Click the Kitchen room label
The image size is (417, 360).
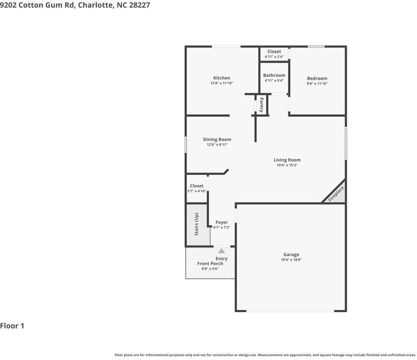coord(221,78)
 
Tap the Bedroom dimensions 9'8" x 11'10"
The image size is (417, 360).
coord(317,84)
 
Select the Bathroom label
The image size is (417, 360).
coord(274,75)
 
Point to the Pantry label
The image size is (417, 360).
coord(262,104)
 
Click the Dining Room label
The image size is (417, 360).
coord(217,140)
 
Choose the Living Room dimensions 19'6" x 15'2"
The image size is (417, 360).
coord(287,165)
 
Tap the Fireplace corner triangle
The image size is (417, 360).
coord(337,194)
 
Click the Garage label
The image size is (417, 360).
coord(291,254)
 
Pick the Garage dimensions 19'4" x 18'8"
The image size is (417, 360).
coord(291,259)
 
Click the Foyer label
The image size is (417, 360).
coord(221,223)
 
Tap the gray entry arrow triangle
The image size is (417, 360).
coord(221,251)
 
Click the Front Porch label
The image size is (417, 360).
coord(210,264)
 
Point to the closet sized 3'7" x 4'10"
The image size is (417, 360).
coord(197,189)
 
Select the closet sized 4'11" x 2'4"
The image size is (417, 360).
coord(274,54)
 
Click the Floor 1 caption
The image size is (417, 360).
coord(12,326)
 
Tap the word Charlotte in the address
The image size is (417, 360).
coord(97,5)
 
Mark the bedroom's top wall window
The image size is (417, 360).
coord(316,46)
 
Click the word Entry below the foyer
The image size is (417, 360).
coord(221,259)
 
